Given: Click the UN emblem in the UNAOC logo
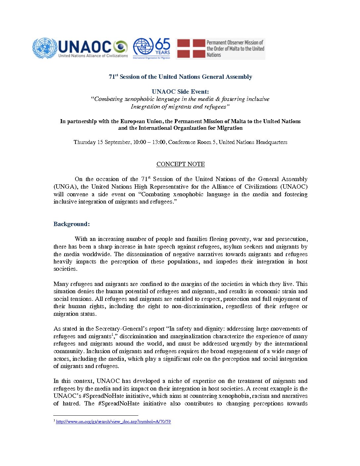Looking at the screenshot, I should click(x=45, y=48).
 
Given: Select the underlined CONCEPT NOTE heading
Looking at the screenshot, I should click(x=180, y=164).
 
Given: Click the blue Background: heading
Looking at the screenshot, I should click(x=71, y=224).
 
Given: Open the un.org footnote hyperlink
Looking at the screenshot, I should click(x=113, y=422).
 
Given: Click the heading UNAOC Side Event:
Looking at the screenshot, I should click(x=180, y=92).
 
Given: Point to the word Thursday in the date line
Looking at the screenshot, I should click(x=84, y=142).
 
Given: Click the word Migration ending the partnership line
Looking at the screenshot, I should click(x=230, y=128).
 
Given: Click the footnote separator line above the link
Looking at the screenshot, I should click(x=96, y=415).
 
